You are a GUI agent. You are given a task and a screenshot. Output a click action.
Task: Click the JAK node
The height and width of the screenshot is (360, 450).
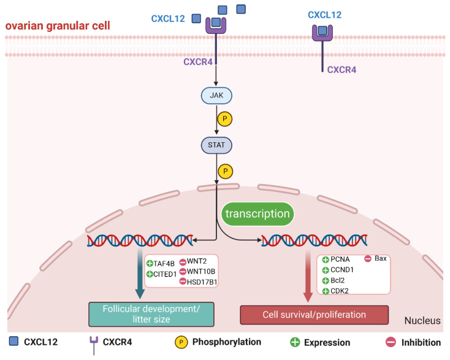[216, 95]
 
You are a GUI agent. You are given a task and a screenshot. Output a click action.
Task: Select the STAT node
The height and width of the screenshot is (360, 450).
[216, 145]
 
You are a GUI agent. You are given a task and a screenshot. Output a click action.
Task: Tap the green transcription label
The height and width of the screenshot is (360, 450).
[257, 214]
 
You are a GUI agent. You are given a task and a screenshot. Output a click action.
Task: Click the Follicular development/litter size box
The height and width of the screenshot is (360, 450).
[151, 314]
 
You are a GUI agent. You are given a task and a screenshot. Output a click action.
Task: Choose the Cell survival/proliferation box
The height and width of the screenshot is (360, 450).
[315, 315]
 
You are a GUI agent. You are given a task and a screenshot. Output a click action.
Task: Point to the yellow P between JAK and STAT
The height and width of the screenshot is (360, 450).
[225, 119]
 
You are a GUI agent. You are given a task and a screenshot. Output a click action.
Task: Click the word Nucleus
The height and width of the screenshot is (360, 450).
[422, 320]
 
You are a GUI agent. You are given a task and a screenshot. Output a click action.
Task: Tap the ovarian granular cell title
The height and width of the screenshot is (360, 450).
[58, 26]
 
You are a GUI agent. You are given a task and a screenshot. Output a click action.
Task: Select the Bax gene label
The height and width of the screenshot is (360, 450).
[381, 258]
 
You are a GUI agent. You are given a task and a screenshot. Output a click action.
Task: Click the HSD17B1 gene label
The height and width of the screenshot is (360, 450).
[202, 282]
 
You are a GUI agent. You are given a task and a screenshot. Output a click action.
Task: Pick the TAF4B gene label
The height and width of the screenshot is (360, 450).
[164, 264]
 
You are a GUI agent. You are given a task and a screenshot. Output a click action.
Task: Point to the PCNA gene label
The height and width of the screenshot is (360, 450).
[340, 259]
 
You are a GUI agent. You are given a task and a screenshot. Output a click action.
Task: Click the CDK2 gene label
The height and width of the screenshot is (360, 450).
[340, 291]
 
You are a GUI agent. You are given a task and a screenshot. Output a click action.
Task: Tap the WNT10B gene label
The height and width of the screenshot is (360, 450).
[201, 271]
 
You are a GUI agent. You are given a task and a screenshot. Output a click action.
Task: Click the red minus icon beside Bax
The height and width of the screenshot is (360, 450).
[368, 259]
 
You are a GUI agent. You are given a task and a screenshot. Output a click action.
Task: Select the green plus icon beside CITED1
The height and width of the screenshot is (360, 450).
[150, 274]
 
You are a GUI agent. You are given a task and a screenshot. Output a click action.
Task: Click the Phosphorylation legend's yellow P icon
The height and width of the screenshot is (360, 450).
[181, 342]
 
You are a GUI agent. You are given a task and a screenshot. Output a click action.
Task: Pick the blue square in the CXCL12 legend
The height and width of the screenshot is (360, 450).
[13, 341]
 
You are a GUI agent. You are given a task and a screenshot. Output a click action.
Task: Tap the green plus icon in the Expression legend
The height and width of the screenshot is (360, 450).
[295, 342]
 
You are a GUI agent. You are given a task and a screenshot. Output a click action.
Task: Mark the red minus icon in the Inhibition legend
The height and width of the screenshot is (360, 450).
[391, 342]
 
